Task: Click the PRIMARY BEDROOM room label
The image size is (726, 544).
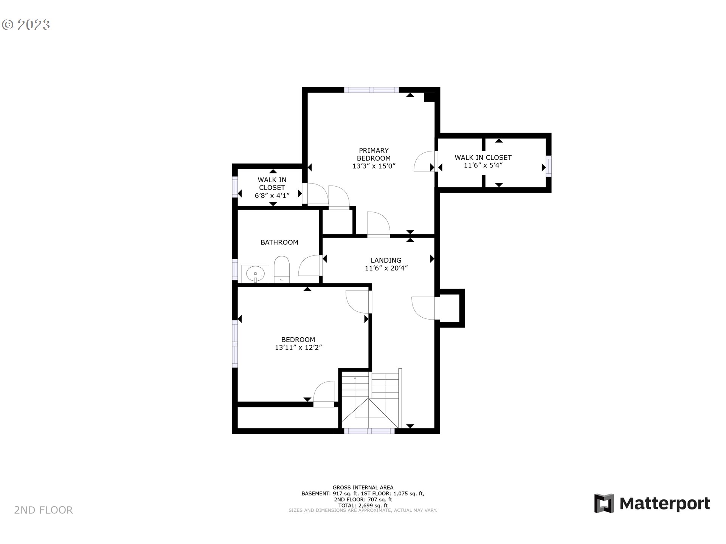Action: coord(374,154)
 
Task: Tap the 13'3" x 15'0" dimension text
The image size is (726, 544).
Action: coord(374,166)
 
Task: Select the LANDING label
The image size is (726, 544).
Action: coord(386,260)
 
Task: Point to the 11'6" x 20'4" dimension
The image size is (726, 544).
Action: coord(386,268)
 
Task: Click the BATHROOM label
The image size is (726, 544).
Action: coord(279,243)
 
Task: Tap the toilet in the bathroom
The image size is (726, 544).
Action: coord(282,269)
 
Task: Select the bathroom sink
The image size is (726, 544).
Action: coord(256,273)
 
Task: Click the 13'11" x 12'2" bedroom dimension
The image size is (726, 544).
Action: coord(298,348)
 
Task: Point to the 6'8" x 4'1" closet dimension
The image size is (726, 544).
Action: coord(272,196)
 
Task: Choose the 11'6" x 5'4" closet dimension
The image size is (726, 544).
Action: coord(483,165)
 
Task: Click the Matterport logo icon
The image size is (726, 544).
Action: coord(604,503)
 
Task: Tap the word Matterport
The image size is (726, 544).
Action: coord(665,504)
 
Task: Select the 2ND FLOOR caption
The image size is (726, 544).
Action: coord(43,510)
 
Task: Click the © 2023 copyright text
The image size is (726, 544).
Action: coord(26,25)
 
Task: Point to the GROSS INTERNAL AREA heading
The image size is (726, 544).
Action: coord(363,488)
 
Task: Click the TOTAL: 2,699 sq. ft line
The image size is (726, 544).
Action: coord(363,505)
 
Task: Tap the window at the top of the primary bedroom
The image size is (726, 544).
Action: coord(371,90)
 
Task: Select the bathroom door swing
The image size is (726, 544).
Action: coord(309,266)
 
